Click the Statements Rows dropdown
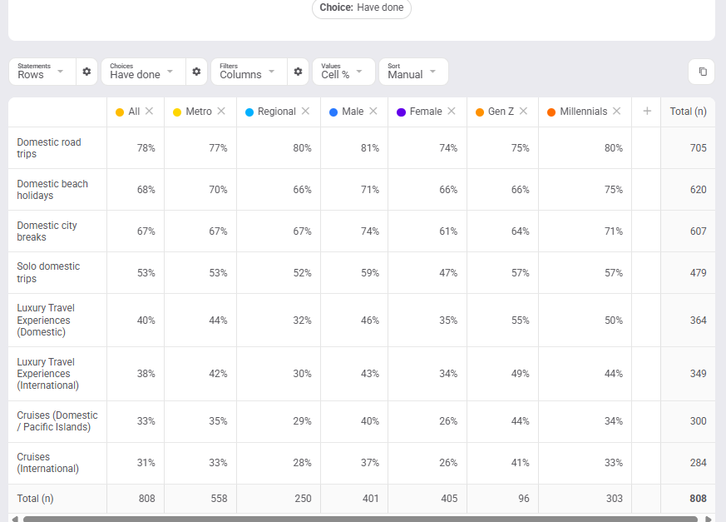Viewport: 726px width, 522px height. coord(42,72)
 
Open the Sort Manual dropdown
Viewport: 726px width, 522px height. coord(413,72)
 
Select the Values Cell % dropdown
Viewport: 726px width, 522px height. coord(343,72)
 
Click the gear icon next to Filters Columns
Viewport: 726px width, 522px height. coord(299,72)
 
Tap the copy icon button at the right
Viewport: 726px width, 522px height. coord(703,72)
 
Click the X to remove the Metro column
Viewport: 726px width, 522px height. coord(221,111)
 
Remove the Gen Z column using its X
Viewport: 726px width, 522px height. coord(523,111)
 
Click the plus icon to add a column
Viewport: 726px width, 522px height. coord(647,111)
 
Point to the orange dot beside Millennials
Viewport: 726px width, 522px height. coord(551,112)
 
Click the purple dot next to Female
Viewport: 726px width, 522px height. coord(401,112)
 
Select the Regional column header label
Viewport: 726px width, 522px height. coord(276,112)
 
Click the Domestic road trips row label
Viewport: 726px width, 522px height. coord(48,148)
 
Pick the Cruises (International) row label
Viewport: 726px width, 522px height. coord(47,463)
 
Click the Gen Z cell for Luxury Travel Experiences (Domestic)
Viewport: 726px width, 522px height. coord(520,321)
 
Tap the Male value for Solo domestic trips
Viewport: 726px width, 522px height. coord(370,273)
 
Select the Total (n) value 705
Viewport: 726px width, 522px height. coord(699,148)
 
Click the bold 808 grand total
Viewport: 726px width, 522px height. coord(698,499)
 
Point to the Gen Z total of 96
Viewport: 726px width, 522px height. coord(524,499)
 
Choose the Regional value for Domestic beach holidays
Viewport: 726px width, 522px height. coord(302,190)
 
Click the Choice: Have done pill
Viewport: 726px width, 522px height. coord(362,7)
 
